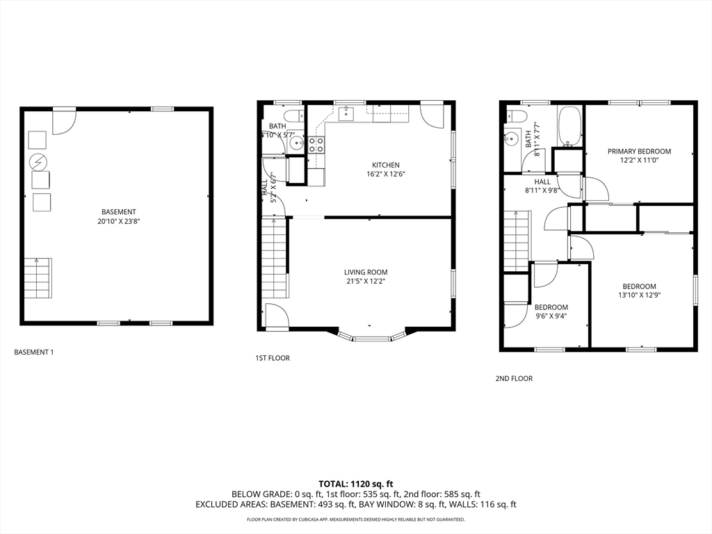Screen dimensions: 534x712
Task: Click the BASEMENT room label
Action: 118,211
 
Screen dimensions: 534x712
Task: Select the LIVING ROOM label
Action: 366,272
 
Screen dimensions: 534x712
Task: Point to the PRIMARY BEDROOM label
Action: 639,151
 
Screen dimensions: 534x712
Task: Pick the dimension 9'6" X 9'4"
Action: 551,317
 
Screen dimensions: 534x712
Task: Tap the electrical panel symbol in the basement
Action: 38,163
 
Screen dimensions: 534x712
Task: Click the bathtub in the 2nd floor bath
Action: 570,127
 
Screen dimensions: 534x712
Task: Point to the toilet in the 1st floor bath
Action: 293,115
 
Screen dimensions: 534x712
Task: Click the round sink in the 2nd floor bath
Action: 513,138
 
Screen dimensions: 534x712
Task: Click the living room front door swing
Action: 275,315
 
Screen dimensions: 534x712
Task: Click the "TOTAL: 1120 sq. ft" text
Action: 356,484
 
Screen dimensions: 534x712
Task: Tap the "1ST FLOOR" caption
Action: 272,358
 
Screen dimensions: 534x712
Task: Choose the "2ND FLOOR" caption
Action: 514,379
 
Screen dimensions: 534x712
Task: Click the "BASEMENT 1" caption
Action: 34,353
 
